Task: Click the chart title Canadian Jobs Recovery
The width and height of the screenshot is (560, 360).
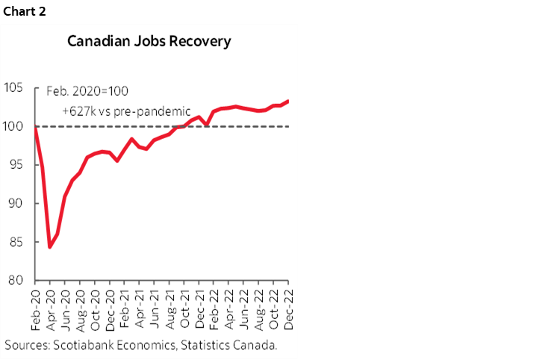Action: click(149, 40)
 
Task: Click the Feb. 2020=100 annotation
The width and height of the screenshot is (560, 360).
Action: click(87, 90)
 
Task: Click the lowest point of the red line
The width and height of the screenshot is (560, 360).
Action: click(49, 247)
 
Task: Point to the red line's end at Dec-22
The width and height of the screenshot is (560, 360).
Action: click(289, 101)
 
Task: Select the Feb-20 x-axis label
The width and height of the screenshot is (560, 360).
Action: click(35, 308)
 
